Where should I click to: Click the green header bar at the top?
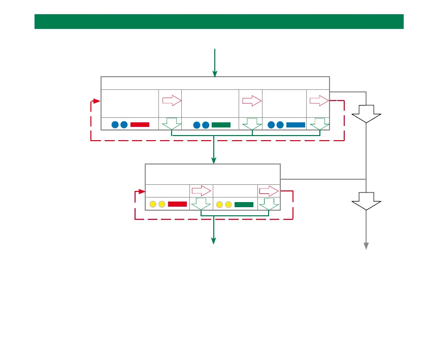click(x=219, y=22)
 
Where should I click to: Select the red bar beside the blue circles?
click(x=140, y=124)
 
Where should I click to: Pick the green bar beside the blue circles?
click(x=221, y=124)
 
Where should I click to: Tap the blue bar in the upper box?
click(x=296, y=124)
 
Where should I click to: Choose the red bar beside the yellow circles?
click(x=177, y=204)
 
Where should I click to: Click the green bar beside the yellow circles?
click(x=244, y=204)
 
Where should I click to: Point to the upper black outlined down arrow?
click(x=366, y=113)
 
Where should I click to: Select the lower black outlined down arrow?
click(x=366, y=201)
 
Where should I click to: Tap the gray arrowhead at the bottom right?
click(x=366, y=246)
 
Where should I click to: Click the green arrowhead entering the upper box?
click(x=215, y=74)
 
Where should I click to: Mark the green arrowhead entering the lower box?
click(x=214, y=161)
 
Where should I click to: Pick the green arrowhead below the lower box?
click(x=214, y=241)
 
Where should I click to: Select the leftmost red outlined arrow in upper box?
click(x=172, y=101)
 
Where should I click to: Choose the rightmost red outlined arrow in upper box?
click(x=319, y=101)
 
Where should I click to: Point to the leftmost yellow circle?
click(x=153, y=204)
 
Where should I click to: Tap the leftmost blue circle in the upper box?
click(x=115, y=124)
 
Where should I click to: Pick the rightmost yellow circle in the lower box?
click(x=228, y=204)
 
